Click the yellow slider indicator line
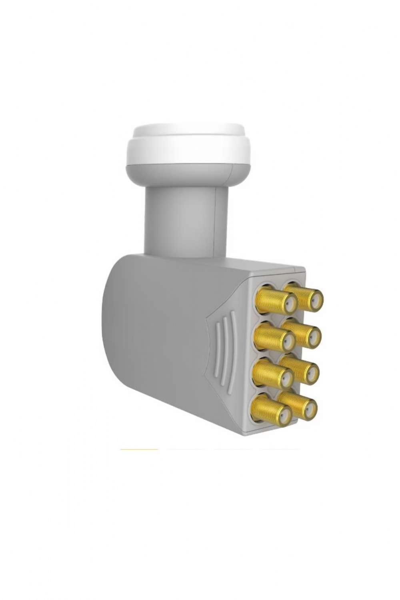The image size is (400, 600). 139,449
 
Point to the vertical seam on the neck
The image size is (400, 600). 216,224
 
